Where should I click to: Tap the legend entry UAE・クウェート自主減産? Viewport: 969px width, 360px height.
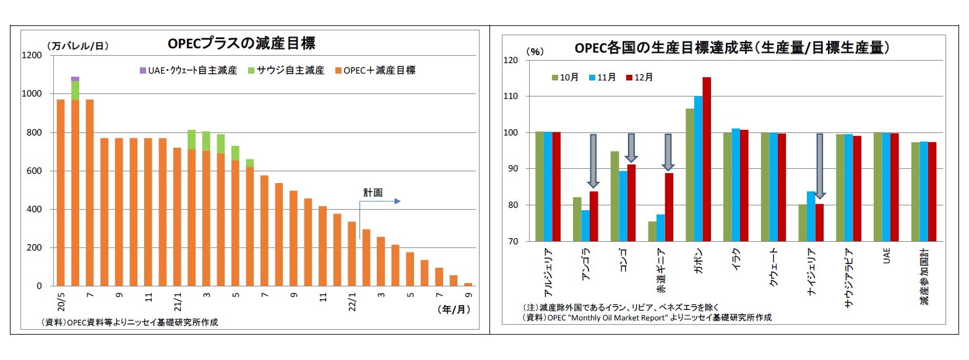pos(184,71)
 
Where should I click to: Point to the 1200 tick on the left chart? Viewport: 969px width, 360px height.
pos(33,56)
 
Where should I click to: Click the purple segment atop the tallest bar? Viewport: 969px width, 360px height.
pos(75,79)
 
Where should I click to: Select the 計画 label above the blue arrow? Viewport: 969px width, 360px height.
pos(373,193)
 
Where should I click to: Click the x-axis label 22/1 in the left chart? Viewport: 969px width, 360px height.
pos(351,302)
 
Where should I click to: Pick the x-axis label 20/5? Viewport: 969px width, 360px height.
pos(61,302)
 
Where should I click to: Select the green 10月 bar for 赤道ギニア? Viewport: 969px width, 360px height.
pos(652,231)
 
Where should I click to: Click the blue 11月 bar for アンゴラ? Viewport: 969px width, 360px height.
pos(585,225)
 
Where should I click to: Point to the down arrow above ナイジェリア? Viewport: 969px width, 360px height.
pos(819,166)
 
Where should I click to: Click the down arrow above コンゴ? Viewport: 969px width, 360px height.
pos(631,148)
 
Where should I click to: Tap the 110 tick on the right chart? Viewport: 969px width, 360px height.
pos(510,96)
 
